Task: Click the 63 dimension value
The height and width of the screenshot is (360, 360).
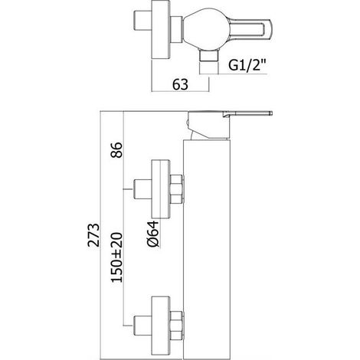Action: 180,84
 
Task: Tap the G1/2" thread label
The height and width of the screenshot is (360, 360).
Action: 247,65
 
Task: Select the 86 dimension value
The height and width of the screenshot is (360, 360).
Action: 116,150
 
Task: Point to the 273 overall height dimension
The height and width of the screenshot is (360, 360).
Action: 93,235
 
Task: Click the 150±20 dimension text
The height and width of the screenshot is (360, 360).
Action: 116,257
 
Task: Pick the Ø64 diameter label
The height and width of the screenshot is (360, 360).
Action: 153,234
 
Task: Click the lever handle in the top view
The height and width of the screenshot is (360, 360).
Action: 250,30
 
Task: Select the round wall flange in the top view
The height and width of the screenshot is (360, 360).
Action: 161,30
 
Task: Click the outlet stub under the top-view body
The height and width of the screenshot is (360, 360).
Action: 209,56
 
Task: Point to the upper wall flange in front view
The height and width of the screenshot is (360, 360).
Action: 161,189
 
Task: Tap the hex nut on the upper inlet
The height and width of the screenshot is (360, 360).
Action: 176,189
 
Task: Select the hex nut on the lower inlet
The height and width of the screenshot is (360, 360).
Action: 176,326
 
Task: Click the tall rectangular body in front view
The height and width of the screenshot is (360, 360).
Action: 207,250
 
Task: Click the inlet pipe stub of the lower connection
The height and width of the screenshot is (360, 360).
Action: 142,326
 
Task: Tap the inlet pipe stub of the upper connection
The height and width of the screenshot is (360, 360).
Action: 142,189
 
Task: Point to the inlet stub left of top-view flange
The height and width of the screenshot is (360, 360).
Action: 142,21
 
